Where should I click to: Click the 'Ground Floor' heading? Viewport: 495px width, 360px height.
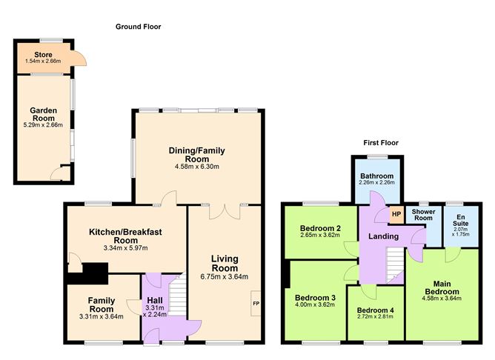click(138, 27)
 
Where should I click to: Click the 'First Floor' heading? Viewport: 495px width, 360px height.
click(381, 142)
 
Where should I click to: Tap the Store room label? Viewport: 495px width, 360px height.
click(43, 55)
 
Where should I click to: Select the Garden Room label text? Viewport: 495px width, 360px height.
click(44, 115)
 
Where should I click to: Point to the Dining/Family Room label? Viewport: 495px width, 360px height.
click(195, 155)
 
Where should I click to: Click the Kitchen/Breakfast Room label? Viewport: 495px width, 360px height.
click(125, 236)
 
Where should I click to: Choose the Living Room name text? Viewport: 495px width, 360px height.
click(225, 263)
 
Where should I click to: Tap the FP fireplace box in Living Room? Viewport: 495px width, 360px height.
click(256, 304)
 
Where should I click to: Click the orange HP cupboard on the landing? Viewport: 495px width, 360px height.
click(396, 215)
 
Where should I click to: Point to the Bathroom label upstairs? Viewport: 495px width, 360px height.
click(377, 176)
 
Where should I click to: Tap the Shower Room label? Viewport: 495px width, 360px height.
click(423, 215)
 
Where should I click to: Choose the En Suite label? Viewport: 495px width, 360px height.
click(460, 221)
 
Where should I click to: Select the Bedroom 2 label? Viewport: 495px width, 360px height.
click(320, 227)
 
